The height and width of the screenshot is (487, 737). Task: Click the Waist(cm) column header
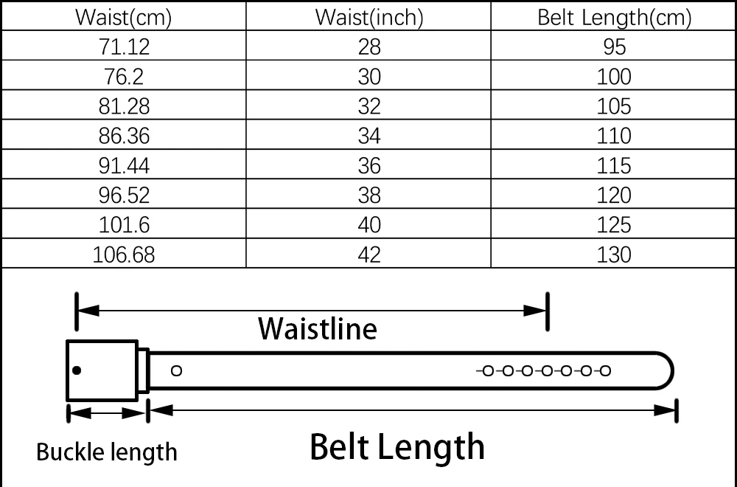(x=123, y=18)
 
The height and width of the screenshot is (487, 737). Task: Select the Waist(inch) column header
(x=369, y=18)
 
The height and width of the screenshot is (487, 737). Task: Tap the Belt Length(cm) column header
(x=614, y=18)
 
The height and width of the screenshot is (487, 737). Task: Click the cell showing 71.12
(x=123, y=47)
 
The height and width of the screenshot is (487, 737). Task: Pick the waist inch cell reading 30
(x=369, y=77)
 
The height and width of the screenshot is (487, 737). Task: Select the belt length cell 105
(x=614, y=106)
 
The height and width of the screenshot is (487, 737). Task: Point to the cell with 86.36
(x=123, y=136)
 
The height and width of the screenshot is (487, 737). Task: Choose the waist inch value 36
(x=369, y=165)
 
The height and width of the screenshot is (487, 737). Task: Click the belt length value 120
(x=614, y=196)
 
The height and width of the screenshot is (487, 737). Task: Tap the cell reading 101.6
(x=123, y=225)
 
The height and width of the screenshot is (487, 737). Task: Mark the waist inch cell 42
(x=369, y=255)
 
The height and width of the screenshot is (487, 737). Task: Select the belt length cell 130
(x=614, y=255)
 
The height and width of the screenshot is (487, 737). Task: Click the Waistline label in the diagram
(x=317, y=328)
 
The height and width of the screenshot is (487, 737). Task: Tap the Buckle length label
(x=107, y=451)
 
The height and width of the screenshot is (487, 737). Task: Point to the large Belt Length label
(x=397, y=447)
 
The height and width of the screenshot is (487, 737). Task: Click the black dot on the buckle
(x=77, y=370)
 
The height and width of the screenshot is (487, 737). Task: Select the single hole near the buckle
(x=176, y=370)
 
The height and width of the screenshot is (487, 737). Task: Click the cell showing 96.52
(x=123, y=196)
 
